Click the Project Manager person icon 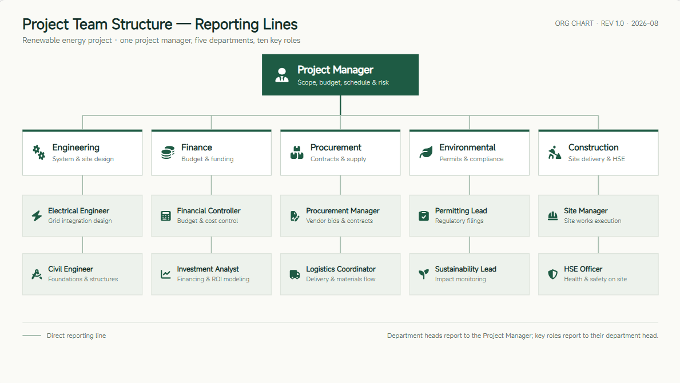pyautogui.click(x=282, y=75)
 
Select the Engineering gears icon pyautogui.click(x=38, y=153)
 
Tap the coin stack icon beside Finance pyautogui.click(x=168, y=153)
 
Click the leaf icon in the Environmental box pyautogui.click(x=426, y=153)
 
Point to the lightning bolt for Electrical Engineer pyautogui.click(x=37, y=216)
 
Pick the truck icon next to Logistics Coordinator pyautogui.click(x=295, y=274)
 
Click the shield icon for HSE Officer pyautogui.click(x=552, y=274)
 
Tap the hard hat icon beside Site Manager pyautogui.click(x=552, y=216)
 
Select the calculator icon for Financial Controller pyautogui.click(x=166, y=216)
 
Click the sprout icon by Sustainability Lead pyautogui.click(x=424, y=274)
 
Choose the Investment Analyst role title pyautogui.click(x=208, y=269)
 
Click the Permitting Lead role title pyautogui.click(x=461, y=210)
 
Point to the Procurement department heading pyautogui.click(x=336, y=147)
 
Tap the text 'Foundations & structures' pyautogui.click(x=83, y=279)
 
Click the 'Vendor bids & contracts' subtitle pyautogui.click(x=339, y=221)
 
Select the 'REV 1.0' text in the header pyautogui.click(x=613, y=23)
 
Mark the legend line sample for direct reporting pyautogui.click(x=31, y=336)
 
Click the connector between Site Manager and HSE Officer pyautogui.click(x=598, y=245)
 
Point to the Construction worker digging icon pyautogui.click(x=554, y=153)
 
